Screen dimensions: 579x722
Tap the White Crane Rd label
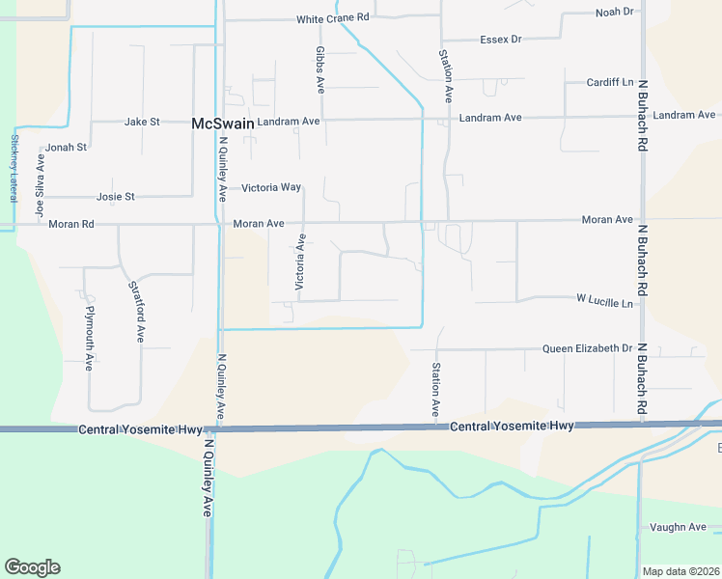[333, 18]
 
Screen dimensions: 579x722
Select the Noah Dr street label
[614, 12]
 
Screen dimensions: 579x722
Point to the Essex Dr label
[500, 40]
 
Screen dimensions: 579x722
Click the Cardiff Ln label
[610, 83]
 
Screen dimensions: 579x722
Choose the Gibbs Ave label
[320, 69]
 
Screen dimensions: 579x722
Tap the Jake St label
[142, 123]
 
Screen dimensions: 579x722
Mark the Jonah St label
[67, 148]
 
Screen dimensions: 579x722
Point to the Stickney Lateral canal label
[14, 167]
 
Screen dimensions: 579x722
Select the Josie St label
[116, 197]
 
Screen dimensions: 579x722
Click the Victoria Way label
[271, 187]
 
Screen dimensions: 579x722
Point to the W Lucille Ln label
[605, 303]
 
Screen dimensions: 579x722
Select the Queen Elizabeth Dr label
[587, 348]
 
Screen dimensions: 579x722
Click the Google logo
[32, 567]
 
